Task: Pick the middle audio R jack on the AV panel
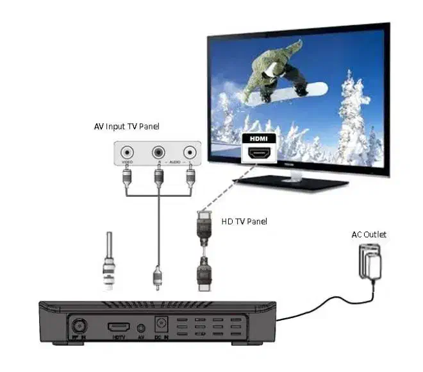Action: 158,153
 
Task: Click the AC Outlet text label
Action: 369,235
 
